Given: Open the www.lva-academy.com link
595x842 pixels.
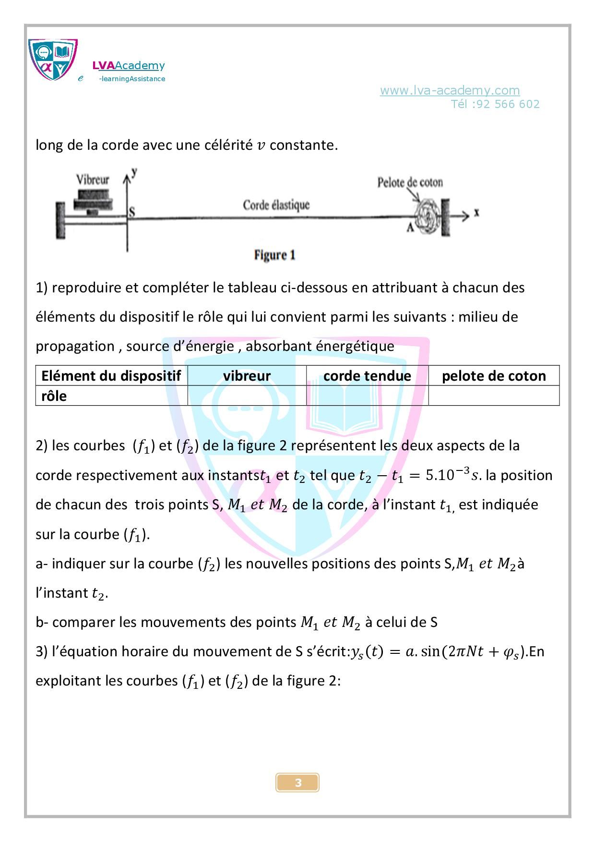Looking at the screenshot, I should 450,90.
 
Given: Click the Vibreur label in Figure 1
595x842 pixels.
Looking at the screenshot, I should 93,180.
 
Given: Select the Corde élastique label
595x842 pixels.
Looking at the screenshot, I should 276,205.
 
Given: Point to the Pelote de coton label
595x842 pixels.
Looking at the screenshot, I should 410,182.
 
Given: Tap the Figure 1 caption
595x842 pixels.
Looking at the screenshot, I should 274,255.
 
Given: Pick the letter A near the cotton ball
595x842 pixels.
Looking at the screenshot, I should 410,228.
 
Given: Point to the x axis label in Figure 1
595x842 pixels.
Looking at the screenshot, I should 476,212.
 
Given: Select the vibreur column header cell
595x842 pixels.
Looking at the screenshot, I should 247,375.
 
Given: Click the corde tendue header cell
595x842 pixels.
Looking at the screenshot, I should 367,375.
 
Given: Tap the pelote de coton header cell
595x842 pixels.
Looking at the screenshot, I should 493,375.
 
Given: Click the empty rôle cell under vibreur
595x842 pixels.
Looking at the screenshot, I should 247,396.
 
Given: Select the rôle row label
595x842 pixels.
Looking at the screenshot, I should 54,396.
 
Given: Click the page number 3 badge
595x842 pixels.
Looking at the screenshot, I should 297,782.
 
